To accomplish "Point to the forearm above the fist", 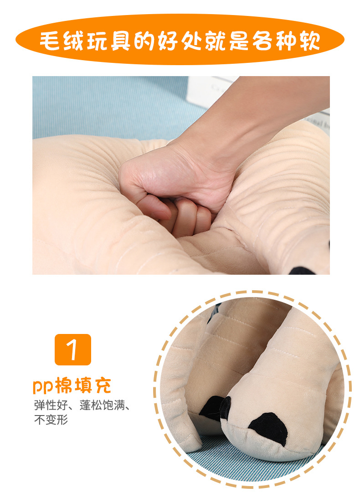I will [x=255, y=118].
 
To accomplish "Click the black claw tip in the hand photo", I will [x=303, y=270].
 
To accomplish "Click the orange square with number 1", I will [x=73, y=349].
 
